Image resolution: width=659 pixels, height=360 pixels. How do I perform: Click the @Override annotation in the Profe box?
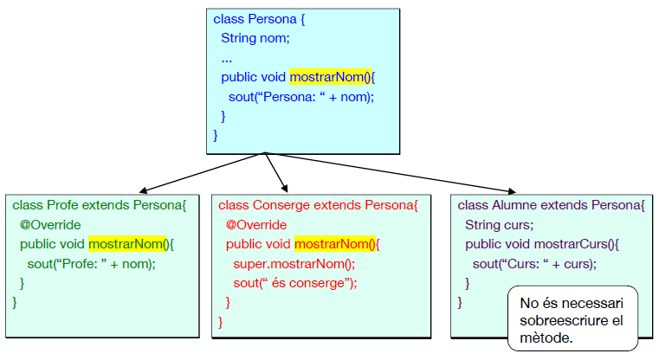(x=50, y=225)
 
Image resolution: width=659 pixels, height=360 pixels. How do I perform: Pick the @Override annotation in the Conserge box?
(x=256, y=225)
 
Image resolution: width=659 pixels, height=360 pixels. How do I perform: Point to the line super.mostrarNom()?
(x=294, y=263)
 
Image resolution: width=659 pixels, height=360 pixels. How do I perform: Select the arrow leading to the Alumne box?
(x=390, y=172)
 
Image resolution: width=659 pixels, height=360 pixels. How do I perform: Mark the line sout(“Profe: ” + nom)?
(x=91, y=263)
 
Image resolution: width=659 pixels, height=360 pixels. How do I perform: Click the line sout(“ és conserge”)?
(x=294, y=282)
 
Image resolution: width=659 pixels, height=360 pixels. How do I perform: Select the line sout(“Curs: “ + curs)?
(x=534, y=263)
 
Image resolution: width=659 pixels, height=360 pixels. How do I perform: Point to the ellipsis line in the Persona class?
(x=227, y=59)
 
